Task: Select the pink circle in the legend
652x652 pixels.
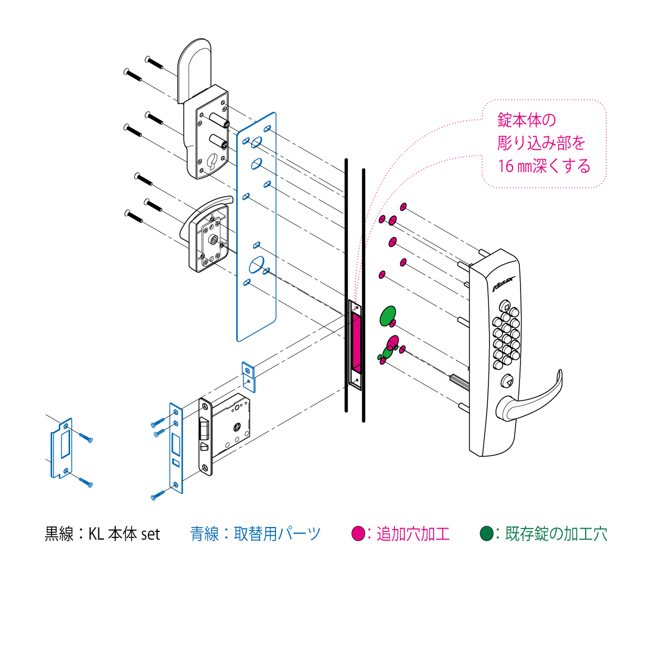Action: click(x=358, y=534)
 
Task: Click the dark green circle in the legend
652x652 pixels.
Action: click(x=486, y=534)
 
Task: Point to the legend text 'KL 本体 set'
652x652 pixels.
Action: click(x=124, y=534)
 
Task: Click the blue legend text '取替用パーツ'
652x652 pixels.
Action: click(x=277, y=534)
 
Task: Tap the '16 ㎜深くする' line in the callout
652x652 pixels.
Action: click(x=544, y=166)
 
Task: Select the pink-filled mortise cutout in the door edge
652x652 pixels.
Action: click(x=356, y=342)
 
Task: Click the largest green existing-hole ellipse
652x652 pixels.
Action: click(x=388, y=316)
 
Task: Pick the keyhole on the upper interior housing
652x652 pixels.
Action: click(x=213, y=161)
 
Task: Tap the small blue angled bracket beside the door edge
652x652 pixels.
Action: click(x=249, y=376)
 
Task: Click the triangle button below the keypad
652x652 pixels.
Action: click(x=506, y=382)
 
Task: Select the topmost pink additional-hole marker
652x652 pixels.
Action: click(x=403, y=206)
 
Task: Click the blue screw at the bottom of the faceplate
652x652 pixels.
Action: click(x=158, y=496)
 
